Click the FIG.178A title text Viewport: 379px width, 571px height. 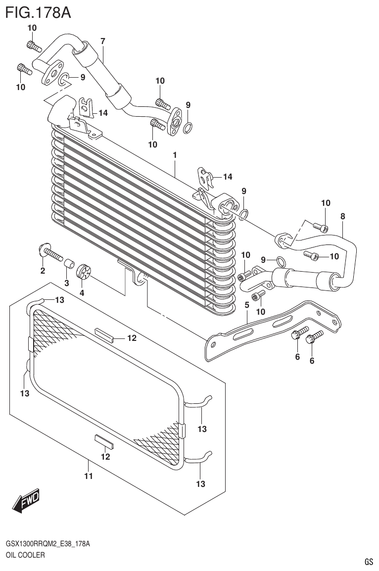[38, 12]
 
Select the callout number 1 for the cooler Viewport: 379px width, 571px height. [175, 155]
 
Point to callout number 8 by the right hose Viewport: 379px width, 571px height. [343, 216]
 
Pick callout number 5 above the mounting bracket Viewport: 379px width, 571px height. [246, 305]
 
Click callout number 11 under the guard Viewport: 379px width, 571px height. [89, 476]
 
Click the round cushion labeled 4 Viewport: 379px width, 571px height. [84, 272]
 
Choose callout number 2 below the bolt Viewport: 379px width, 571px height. [43, 271]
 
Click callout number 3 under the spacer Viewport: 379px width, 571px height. [66, 283]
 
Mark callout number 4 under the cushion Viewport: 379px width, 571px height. [82, 293]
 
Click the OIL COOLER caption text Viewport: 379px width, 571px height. [25, 555]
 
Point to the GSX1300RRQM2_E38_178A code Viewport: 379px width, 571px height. [48, 544]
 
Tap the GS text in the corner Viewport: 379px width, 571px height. [369, 562]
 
